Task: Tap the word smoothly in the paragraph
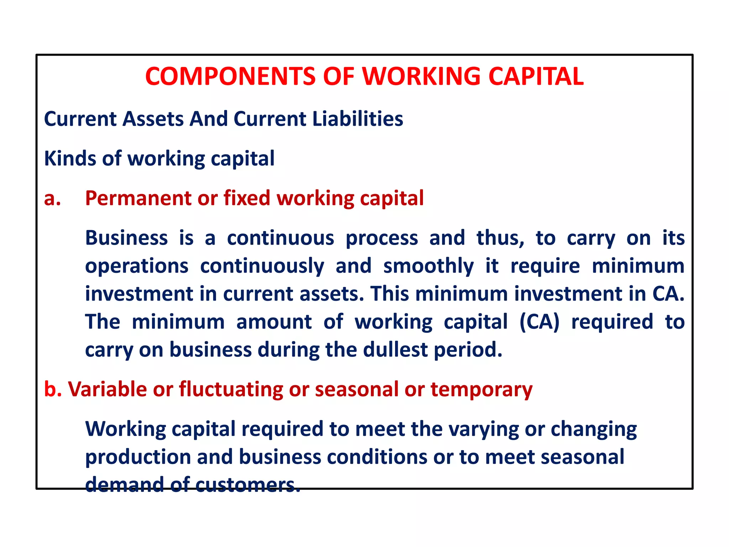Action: coord(429,266)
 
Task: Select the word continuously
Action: coord(262,266)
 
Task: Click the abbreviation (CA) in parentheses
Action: coord(540,322)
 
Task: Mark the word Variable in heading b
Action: coord(107,389)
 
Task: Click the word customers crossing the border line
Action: coord(248,485)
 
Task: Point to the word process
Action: coord(382,239)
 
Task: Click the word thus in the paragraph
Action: coord(500,238)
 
